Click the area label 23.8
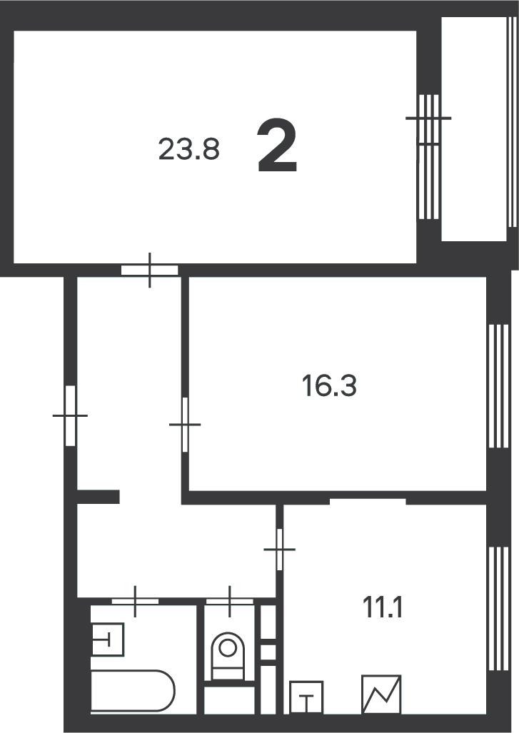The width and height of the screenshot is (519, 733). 188,150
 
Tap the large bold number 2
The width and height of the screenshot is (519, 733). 277,147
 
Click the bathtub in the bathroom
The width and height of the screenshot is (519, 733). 132,690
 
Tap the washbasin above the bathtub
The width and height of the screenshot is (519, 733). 108,638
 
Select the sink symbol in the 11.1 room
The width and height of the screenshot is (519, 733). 306,697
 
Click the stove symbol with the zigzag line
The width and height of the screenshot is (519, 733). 381,694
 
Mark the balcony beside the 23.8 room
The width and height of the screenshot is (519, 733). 476,128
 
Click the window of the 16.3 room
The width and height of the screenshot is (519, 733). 495,386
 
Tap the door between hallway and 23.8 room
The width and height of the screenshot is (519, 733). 149,270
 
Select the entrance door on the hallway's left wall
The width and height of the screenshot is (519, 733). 71,415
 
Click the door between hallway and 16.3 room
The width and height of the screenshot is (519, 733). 185,425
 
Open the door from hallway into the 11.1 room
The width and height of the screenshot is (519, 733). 279,549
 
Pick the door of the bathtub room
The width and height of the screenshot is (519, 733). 135,600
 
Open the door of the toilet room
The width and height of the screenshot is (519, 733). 229,600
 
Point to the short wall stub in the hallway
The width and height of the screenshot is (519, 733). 98,497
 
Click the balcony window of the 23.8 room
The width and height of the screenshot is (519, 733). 428,156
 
